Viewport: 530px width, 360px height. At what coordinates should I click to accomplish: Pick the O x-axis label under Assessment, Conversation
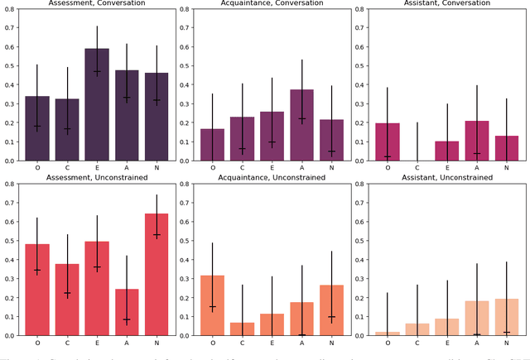[x=37, y=168]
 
